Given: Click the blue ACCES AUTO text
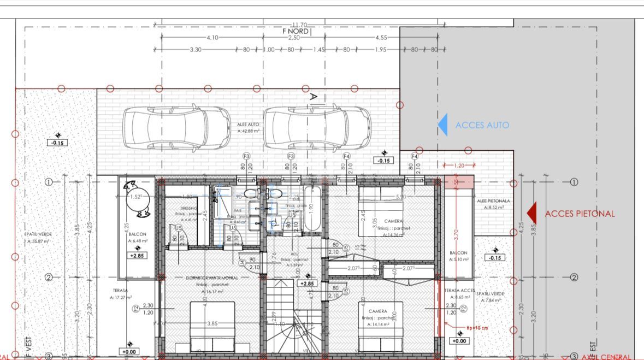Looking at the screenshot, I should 482,125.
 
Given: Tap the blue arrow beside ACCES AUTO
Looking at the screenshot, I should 443,125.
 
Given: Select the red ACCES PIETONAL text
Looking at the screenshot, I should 580,214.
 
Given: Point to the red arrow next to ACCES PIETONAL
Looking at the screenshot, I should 531,213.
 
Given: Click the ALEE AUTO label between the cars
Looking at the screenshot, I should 248,125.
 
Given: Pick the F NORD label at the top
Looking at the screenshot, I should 296,31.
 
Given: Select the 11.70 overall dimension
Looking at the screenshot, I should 300,25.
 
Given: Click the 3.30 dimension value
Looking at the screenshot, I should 195,50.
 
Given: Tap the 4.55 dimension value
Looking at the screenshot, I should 381,38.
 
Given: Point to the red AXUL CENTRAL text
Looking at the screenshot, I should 606,357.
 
